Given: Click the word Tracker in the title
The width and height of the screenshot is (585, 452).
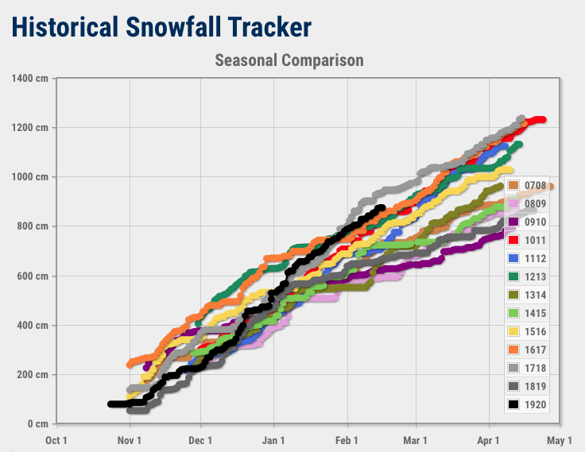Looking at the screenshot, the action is tap(269, 27).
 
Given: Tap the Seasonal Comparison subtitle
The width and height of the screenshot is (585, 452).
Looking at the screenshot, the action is tap(289, 60).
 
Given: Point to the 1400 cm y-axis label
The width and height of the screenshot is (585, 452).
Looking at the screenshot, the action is tap(30, 79).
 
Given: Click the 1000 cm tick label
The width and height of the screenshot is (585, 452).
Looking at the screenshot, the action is tap(30, 177).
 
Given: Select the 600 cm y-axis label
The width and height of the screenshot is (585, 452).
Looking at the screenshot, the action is tap(33, 276).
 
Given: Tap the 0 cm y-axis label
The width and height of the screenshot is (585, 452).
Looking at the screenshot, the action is tap(38, 423).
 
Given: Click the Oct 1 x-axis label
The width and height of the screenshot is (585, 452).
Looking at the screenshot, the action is tap(56, 440).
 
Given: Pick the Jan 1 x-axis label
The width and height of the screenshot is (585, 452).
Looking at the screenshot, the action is tap(273, 440).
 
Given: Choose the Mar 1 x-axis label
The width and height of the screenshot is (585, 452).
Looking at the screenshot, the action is tap(415, 440).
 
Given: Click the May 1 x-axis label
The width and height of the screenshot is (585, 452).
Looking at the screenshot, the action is tap(560, 440).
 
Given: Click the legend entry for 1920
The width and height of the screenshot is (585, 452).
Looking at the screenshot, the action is tap(527, 404).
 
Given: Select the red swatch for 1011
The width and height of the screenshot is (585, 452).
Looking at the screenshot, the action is tap(513, 240).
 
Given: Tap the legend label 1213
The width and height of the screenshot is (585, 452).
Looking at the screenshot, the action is tap(536, 276).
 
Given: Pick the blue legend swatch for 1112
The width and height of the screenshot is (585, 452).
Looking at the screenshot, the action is tap(513, 258).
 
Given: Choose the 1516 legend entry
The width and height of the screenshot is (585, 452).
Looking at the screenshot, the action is tap(527, 331).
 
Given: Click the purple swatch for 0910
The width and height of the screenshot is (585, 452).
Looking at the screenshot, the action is tap(513, 222).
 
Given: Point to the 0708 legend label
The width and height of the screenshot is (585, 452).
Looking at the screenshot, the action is tap(536, 185).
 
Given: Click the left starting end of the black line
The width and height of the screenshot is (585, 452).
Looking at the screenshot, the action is tap(110, 404).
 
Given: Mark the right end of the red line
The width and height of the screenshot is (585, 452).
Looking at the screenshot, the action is tap(543, 120).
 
